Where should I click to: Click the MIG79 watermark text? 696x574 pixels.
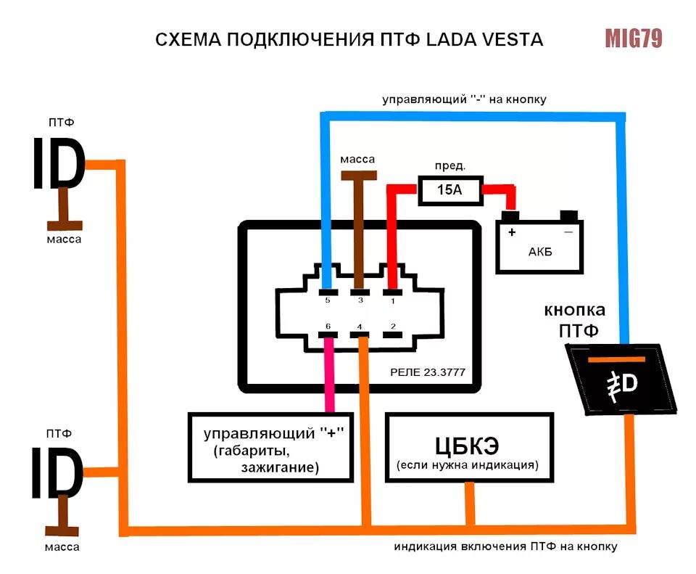pos(634,38)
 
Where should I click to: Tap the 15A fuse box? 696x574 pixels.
pos(449,191)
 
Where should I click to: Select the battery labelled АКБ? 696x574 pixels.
pos(539,243)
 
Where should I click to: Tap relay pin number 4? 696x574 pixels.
pos(360,334)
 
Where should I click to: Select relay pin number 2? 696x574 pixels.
pos(392,334)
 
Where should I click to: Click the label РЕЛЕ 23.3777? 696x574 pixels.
pos(427,373)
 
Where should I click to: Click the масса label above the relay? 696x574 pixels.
pos(358,159)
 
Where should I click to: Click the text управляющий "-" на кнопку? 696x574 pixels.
pos(464,99)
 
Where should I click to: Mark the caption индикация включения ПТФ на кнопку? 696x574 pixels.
pos(505,546)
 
